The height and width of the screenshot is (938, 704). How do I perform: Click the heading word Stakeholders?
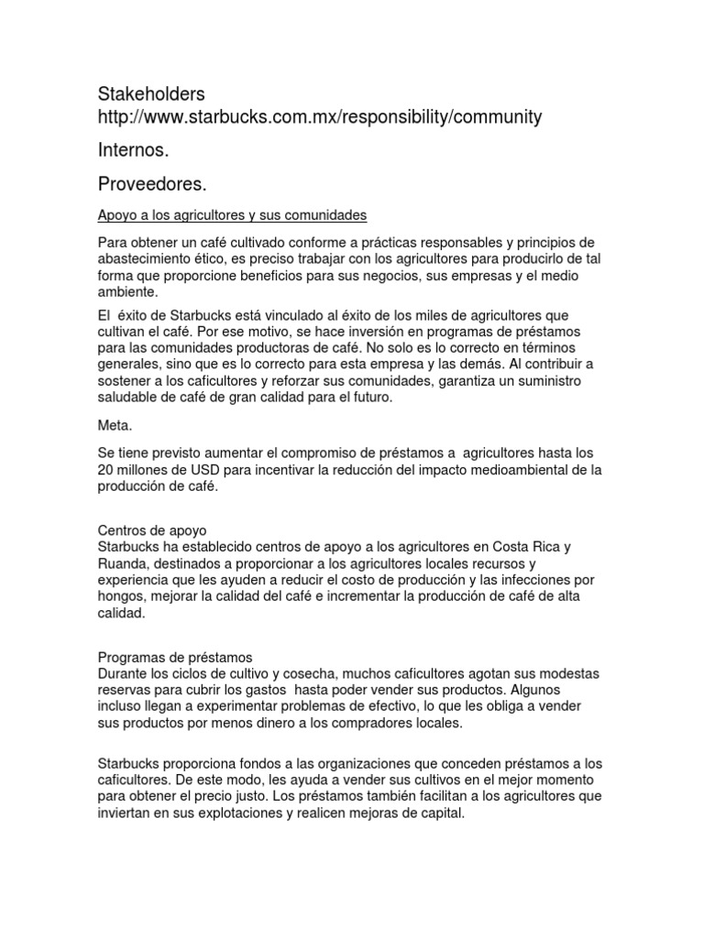pos(151,94)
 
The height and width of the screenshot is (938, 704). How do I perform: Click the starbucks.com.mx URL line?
pos(320,117)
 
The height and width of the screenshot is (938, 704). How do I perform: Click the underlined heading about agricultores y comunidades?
pos(232,215)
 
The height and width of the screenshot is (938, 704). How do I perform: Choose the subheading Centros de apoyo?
pos(152,530)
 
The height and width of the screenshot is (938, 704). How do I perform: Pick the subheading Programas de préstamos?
pos(174,657)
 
